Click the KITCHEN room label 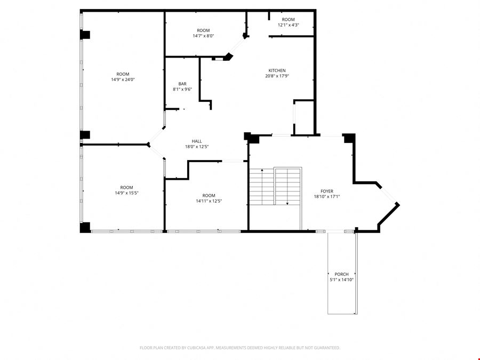pyautogui.click(x=277, y=70)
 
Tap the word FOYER pyautogui.click(x=327, y=191)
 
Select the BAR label pyautogui.click(x=182, y=84)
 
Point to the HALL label pyautogui.click(x=197, y=141)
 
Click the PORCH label pyautogui.click(x=341, y=274)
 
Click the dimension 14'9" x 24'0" pyautogui.click(x=123, y=79)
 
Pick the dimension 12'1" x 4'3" pyautogui.click(x=288, y=25)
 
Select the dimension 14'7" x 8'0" pyautogui.click(x=203, y=36)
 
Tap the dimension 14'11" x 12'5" pyautogui.click(x=209, y=201)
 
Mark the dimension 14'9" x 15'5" pyautogui.click(x=126, y=193)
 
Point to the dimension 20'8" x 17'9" pyautogui.click(x=277, y=76)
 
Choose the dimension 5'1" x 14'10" pyautogui.click(x=341, y=280)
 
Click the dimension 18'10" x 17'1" pyautogui.click(x=327, y=197)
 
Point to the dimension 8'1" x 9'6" pyautogui.click(x=182, y=90)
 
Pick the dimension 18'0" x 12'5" pyautogui.click(x=197, y=147)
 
